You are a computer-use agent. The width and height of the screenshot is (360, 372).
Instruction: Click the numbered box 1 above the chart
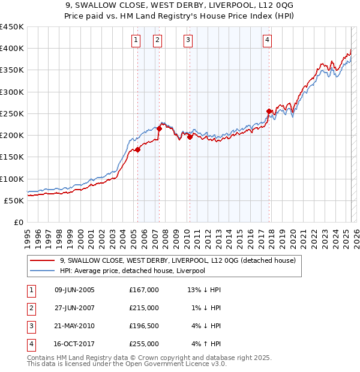tap(136, 40)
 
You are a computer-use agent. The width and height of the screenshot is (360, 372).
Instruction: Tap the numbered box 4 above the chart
tap(266, 40)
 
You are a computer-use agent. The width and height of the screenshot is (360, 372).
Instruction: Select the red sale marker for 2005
tap(137, 150)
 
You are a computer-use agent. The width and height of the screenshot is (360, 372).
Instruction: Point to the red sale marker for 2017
tap(269, 111)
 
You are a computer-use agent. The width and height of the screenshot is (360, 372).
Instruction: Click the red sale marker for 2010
tap(190, 137)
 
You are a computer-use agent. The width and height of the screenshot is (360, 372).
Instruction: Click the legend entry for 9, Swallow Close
tap(178, 260)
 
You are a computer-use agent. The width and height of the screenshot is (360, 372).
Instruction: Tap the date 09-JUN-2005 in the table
tap(74, 290)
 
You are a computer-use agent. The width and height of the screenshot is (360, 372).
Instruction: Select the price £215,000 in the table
tap(144, 308)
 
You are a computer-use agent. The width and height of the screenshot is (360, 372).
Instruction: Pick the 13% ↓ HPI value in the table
tap(205, 290)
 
